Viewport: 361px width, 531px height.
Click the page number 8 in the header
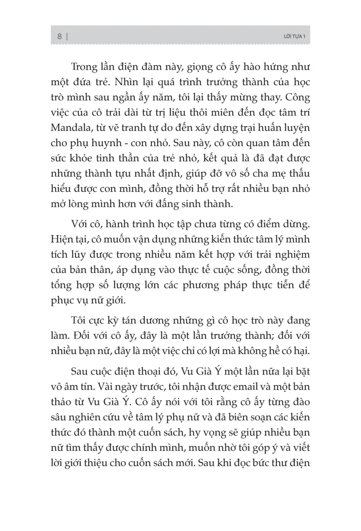click(59, 37)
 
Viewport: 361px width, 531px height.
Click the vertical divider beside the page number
click(67, 37)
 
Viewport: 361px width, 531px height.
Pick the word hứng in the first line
click(269, 67)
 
